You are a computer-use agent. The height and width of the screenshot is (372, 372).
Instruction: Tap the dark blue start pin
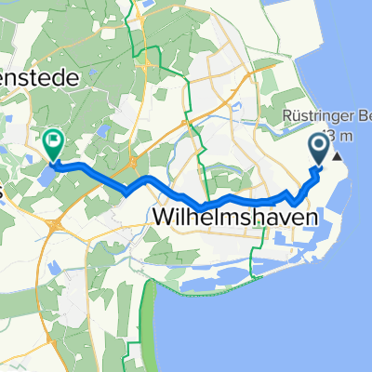pyautogui.click(x=319, y=148)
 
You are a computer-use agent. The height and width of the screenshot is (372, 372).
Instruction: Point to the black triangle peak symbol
pyautogui.click(x=337, y=155)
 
